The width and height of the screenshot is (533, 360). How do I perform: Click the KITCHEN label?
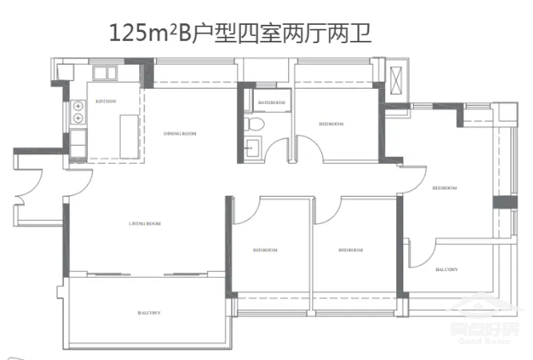tap(106, 102)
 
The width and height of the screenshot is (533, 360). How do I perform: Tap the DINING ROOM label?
tap(180, 134)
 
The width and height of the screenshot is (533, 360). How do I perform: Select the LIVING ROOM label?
tap(145, 224)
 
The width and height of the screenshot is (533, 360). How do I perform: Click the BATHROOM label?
tap(273, 102)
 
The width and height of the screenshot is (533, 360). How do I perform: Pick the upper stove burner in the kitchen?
tap(78, 106)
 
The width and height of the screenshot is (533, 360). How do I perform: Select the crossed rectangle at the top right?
tap(397, 81)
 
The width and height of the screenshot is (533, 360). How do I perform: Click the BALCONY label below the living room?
tap(149, 312)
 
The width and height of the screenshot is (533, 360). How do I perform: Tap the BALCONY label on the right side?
tap(447, 270)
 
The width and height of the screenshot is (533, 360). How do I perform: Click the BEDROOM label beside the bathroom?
tap(331, 124)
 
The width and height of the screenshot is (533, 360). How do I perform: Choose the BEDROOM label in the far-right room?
tap(444, 188)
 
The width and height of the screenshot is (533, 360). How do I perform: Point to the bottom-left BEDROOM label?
tap(265, 250)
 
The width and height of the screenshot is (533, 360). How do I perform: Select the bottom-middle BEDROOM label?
tap(351, 250)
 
